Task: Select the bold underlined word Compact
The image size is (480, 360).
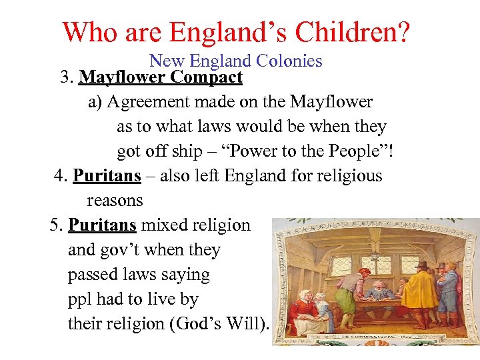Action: pos(206,78)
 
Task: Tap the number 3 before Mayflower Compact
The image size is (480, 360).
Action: pos(65,78)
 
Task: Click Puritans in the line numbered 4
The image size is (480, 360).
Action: pos(107,176)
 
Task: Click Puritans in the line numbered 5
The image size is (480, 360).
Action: pos(103,225)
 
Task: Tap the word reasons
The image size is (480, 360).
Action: pos(115,201)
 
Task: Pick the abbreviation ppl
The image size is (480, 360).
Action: pos(81,299)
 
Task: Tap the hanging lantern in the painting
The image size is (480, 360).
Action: pos(375,255)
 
